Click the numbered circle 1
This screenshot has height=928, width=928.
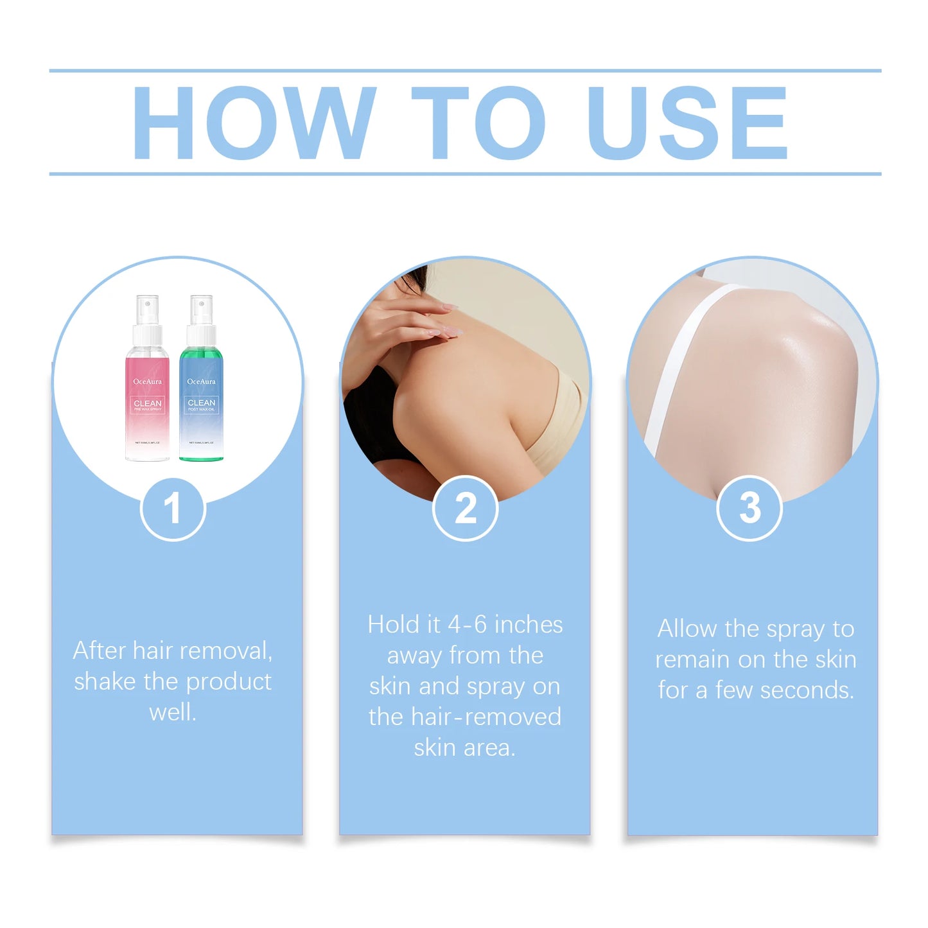click(x=173, y=509)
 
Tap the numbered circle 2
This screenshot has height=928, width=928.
click(x=466, y=509)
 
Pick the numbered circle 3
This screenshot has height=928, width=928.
click(x=749, y=509)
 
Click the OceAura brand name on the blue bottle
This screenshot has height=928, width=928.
click(x=202, y=381)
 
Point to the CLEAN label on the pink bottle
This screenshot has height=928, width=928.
click(x=148, y=403)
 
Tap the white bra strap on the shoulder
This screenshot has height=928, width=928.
click(x=681, y=360)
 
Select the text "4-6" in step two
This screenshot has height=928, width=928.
click(x=468, y=625)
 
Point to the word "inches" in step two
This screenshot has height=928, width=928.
click(x=529, y=625)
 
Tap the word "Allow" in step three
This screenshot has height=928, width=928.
click(x=687, y=629)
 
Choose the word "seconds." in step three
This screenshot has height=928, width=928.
click(x=807, y=690)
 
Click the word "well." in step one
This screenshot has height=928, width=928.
click(x=173, y=712)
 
